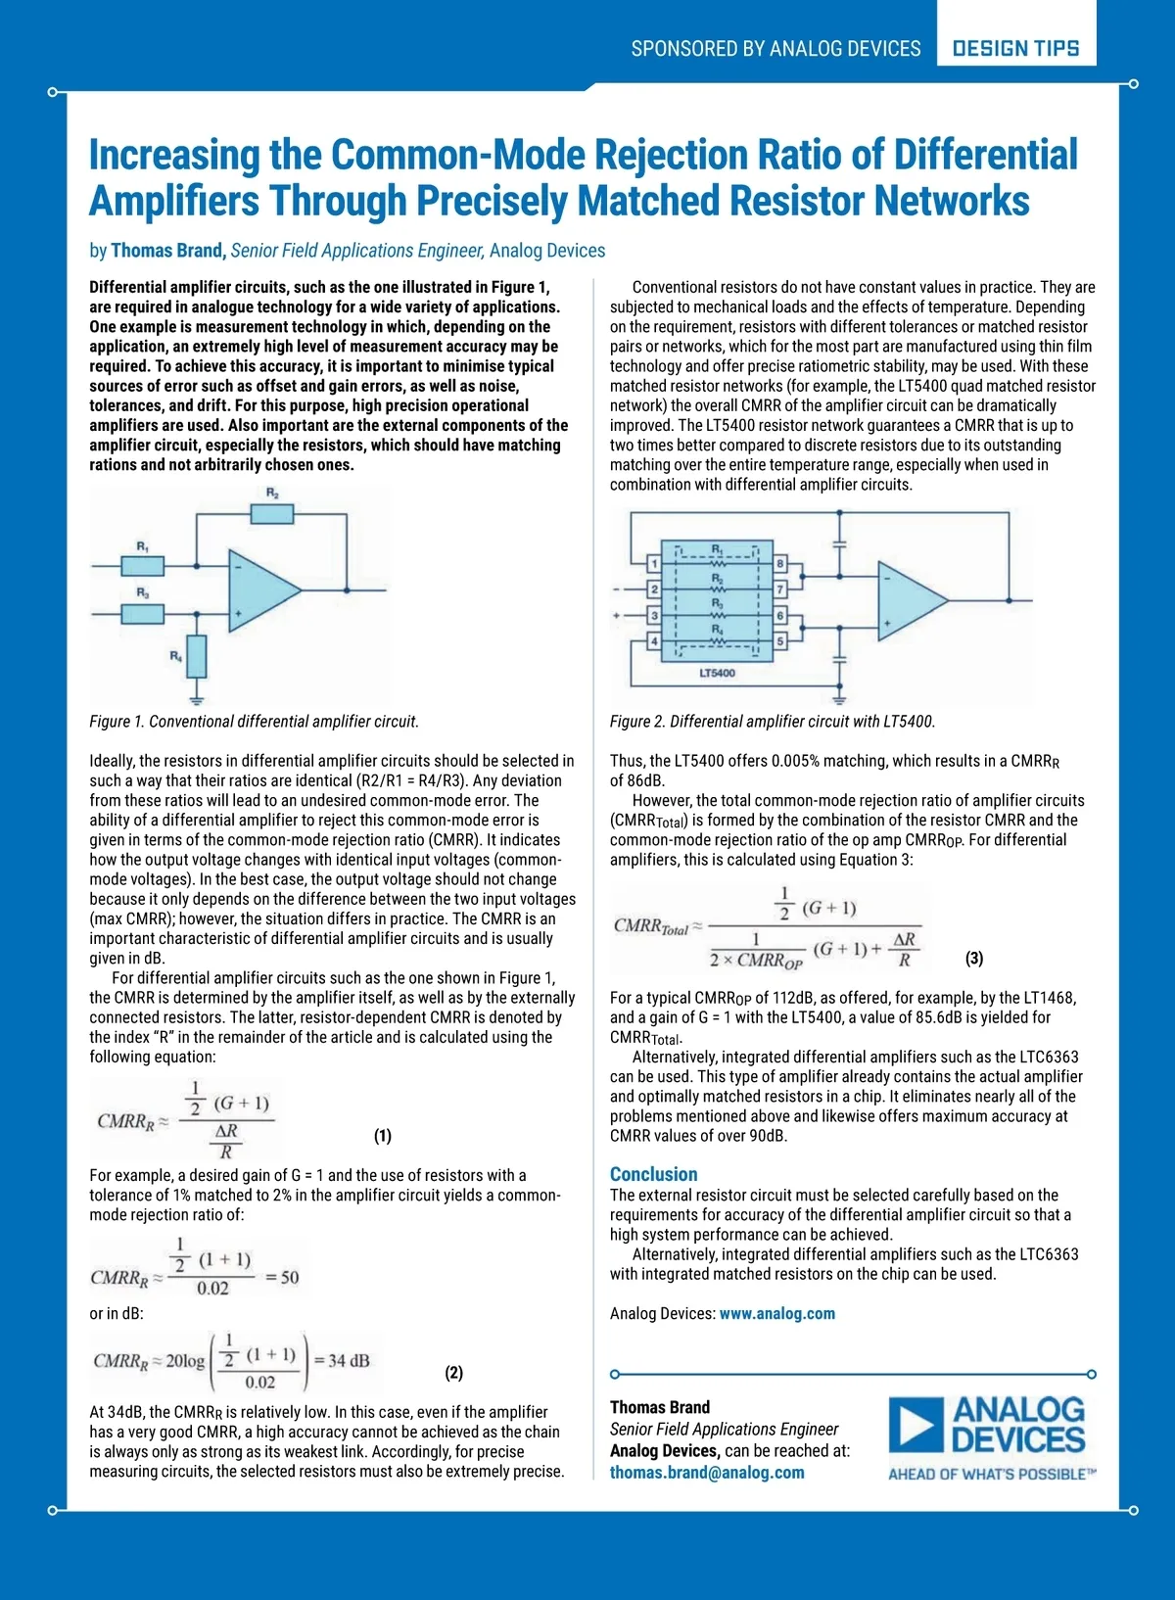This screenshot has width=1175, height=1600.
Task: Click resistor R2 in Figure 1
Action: pyautogui.click(x=272, y=514)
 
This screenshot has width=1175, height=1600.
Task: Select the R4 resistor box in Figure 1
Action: pyautogui.click(x=197, y=656)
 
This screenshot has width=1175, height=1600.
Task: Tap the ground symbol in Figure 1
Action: pyautogui.click(x=197, y=699)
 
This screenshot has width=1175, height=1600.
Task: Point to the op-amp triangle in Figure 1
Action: pyautogui.click(x=260, y=590)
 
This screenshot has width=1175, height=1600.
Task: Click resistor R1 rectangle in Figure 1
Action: pyautogui.click(x=143, y=565)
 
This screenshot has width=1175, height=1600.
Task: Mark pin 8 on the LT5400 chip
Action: pyautogui.click(x=780, y=564)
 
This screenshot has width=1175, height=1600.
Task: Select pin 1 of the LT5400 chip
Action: pyautogui.click(x=654, y=564)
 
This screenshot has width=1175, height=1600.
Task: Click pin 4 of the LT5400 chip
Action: pyautogui.click(x=654, y=641)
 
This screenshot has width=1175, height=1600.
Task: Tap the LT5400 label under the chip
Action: pyautogui.click(x=717, y=674)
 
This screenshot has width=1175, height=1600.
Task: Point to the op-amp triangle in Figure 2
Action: pyautogui.click(x=909, y=600)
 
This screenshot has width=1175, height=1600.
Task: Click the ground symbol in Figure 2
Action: pyautogui.click(x=839, y=698)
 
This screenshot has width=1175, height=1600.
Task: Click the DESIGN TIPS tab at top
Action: pyautogui.click(x=1015, y=48)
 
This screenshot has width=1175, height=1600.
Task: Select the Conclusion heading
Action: pyautogui.click(x=653, y=1174)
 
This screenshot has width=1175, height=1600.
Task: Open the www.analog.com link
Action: pyautogui.click(x=777, y=1314)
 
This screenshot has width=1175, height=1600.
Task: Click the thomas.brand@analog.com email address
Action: pyautogui.click(x=707, y=1473)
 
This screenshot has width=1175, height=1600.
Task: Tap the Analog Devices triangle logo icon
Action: pyautogui.click(x=916, y=1426)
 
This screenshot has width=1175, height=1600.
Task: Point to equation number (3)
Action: pyautogui.click(x=974, y=959)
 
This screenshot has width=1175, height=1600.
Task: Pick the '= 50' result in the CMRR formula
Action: pyautogui.click(x=282, y=1278)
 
